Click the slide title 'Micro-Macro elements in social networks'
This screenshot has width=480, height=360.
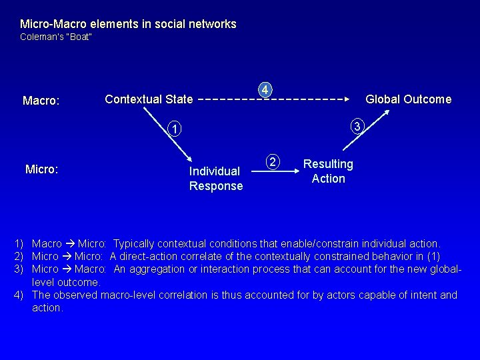pyautogui.click(x=128, y=24)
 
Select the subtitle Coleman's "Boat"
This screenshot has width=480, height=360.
pyautogui.click(x=56, y=37)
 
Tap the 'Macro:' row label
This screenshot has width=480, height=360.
pyautogui.click(x=41, y=101)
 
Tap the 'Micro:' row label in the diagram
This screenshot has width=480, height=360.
pyautogui.click(x=41, y=169)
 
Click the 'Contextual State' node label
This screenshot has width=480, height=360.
pyautogui.click(x=149, y=100)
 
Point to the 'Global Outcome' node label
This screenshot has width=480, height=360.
pyautogui.click(x=408, y=99)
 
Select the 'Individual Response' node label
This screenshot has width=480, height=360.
pyautogui.click(x=216, y=179)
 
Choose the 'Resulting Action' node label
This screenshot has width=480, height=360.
pyautogui.click(x=328, y=171)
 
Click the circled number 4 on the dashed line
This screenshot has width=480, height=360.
pyautogui.click(x=265, y=89)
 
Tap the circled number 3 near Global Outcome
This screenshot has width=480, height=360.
pyautogui.click(x=357, y=126)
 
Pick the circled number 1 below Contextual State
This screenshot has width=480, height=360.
pyautogui.click(x=173, y=129)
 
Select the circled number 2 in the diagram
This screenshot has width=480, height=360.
pyautogui.click(x=272, y=161)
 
